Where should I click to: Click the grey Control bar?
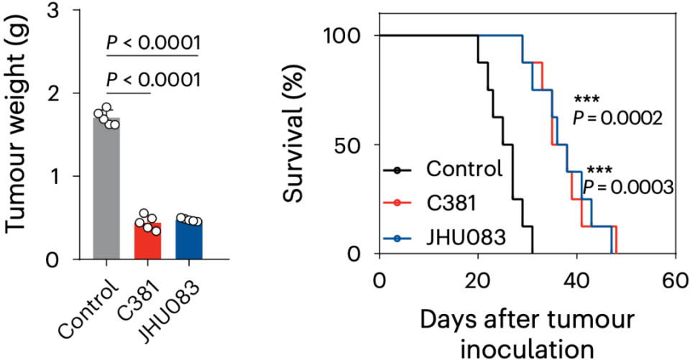[x=107, y=190]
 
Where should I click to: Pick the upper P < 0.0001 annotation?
[x=152, y=43]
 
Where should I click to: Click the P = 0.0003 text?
[x=627, y=187]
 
